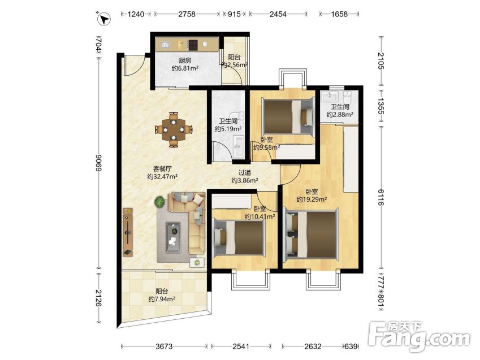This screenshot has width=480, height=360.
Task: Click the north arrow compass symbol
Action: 104,19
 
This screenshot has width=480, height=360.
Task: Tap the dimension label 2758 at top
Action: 187,14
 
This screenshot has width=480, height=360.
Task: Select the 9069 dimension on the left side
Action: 98,163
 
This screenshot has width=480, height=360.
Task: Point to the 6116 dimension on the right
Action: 380,197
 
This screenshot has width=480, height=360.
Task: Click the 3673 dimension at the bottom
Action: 164,346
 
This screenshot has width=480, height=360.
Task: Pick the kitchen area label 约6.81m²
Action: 185,68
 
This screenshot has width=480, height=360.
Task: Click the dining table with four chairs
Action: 174,129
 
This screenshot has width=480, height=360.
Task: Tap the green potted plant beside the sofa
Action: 159,202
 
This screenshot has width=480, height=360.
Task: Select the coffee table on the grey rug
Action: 173,237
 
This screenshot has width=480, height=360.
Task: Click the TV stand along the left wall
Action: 128,232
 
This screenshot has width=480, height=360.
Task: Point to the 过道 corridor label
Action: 245,173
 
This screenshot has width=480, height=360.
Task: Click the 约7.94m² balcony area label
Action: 162,299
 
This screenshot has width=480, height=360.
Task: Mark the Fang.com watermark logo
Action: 419,337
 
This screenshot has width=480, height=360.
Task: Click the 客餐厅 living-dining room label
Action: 162,168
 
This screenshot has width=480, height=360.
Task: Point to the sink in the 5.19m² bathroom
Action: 238,147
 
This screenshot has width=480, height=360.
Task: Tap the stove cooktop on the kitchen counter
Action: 193,45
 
